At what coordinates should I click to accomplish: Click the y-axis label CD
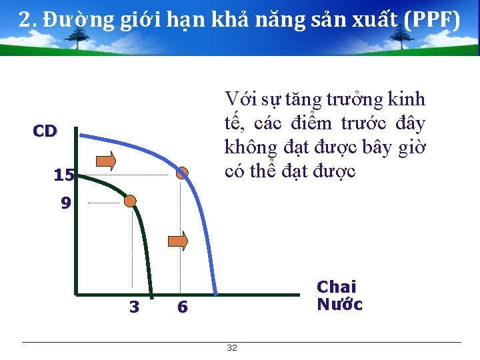(45, 131)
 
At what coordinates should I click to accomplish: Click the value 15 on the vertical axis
(63, 175)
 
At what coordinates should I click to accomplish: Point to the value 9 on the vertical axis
(65, 203)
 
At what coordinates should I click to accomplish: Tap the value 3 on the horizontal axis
(134, 307)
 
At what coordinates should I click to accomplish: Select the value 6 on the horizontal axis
(182, 307)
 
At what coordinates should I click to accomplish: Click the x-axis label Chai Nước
(339, 296)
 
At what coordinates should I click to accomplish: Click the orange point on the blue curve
(182, 173)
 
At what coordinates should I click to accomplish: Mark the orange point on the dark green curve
(131, 201)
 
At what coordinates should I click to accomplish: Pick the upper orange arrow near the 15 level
(106, 161)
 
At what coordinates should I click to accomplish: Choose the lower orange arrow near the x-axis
(177, 241)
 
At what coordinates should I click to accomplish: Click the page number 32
(232, 348)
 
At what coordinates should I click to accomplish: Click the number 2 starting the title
(25, 21)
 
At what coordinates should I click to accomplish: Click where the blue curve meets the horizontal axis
(215, 293)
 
